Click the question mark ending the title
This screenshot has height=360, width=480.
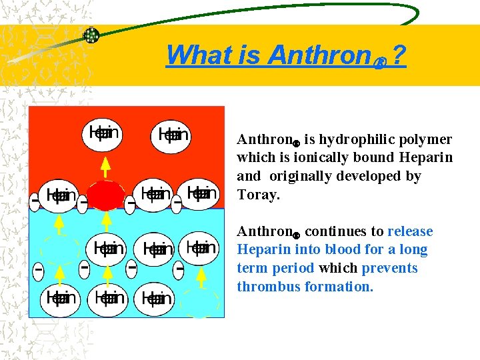[x=399, y=55]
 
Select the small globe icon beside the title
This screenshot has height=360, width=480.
[x=91, y=35]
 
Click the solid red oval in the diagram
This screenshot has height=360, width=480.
[x=106, y=195]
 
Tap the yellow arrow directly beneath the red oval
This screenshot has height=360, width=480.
[x=106, y=223]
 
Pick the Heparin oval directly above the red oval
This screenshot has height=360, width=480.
[x=104, y=133]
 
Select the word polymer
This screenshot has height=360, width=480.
[x=427, y=140]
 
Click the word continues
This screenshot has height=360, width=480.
[x=336, y=232]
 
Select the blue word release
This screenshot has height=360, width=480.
[x=410, y=232]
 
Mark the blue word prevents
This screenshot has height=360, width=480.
[x=389, y=269]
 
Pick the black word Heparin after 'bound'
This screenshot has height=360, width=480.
[x=425, y=158]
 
